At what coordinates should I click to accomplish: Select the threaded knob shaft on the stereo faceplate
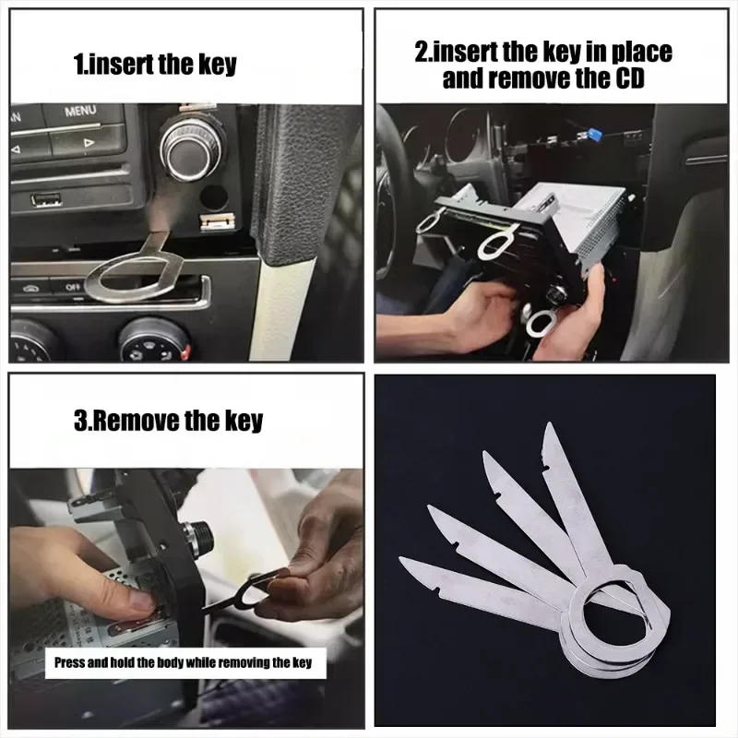(195, 535)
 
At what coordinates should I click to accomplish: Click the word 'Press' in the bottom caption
(72, 662)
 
